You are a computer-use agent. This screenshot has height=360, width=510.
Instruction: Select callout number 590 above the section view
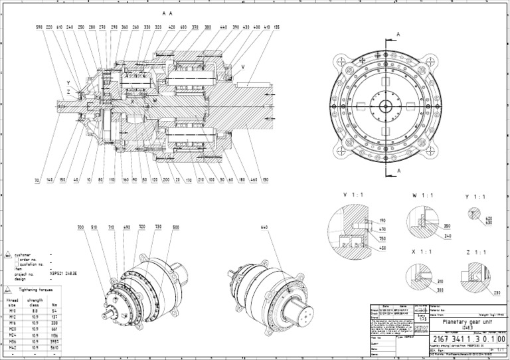pyautogui.click(x=39, y=27)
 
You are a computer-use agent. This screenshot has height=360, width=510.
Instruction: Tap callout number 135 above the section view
pyautogui.click(x=276, y=27)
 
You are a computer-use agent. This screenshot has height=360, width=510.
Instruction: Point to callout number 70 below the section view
pyautogui.click(x=37, y=180)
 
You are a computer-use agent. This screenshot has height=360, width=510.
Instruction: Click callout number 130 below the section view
pyautogui.click(x=265, y=180)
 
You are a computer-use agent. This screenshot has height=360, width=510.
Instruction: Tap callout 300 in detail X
pyautogui.click(x=440, y=290)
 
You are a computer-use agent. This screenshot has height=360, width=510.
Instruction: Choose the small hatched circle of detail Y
pyautogui.click(x=473, y=214)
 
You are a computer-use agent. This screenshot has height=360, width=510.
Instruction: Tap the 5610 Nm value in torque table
pyautogui.click(x=54, y=346)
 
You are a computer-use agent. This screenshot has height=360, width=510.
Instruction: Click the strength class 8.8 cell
pyautogui.click(x=35, y=308)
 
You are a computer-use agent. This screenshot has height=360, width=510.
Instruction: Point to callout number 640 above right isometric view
pyautogui.click(x=264, y=227)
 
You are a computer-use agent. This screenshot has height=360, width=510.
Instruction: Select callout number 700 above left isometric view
pyautogui.click(x=80, y=227)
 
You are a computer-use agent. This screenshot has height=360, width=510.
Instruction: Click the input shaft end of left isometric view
pyautogui.click(x=107, y=310)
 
